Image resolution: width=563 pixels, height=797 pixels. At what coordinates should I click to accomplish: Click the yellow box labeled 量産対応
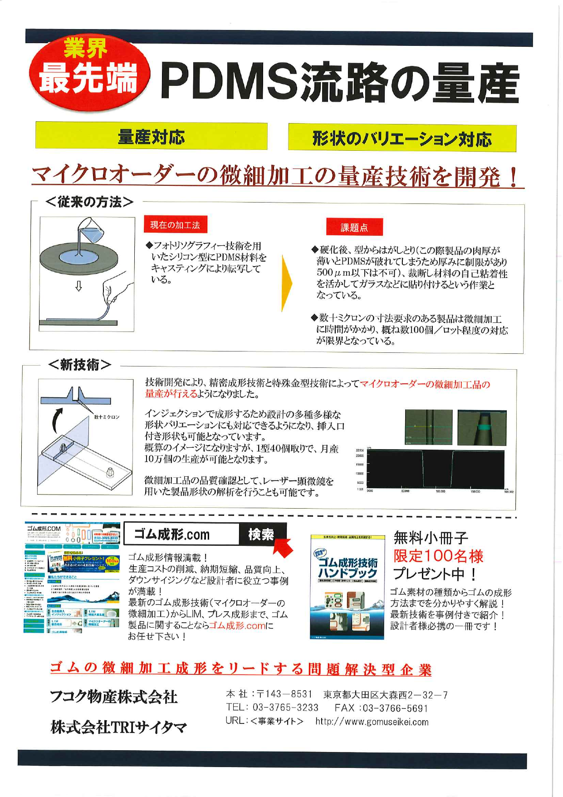point(151,136)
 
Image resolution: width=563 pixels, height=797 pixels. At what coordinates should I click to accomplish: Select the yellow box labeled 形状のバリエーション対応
point(402,138)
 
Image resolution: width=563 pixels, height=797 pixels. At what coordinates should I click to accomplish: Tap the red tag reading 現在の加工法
point(175,224)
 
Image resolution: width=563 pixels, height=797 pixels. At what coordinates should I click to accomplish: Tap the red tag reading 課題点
point(354,227)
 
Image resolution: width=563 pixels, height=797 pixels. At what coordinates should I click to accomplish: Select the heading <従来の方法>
point(89,202)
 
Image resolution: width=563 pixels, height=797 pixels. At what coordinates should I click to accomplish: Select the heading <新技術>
point(79,364)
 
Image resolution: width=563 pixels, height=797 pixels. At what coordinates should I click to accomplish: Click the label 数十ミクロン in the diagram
point(106,417)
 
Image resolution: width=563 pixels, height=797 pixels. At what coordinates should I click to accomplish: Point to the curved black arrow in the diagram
point(57,421)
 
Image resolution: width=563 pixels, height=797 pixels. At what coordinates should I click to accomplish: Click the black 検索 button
point(261,535)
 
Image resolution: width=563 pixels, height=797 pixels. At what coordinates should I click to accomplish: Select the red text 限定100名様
point(438,556)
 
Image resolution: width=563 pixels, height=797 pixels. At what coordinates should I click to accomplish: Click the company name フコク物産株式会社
point(113,697)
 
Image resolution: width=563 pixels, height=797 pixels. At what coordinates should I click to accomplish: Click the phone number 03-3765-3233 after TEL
point(285,708)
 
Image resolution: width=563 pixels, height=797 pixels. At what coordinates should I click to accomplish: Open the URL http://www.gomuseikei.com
point(372,722)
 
